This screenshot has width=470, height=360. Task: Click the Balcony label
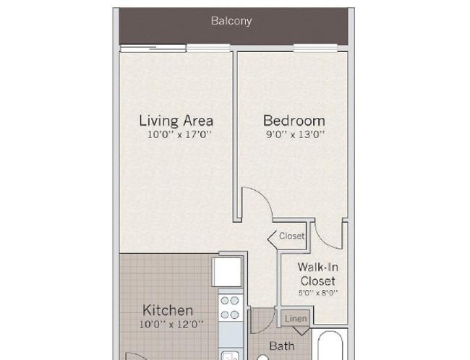click(231, 21)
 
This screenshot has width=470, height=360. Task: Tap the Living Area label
click(176, 121)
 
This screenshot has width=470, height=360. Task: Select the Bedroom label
click(294, 121)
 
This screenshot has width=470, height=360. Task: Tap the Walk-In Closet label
click(317, 273)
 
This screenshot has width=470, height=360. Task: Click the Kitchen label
click(167, 311)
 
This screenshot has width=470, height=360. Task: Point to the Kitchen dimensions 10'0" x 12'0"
click(171, 325)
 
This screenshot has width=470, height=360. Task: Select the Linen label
click(296, 319)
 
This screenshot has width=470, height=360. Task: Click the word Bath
click(281, 346)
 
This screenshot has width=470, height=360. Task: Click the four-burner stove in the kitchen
click(231, 307)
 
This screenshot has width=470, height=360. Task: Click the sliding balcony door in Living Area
click(174, 48)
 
